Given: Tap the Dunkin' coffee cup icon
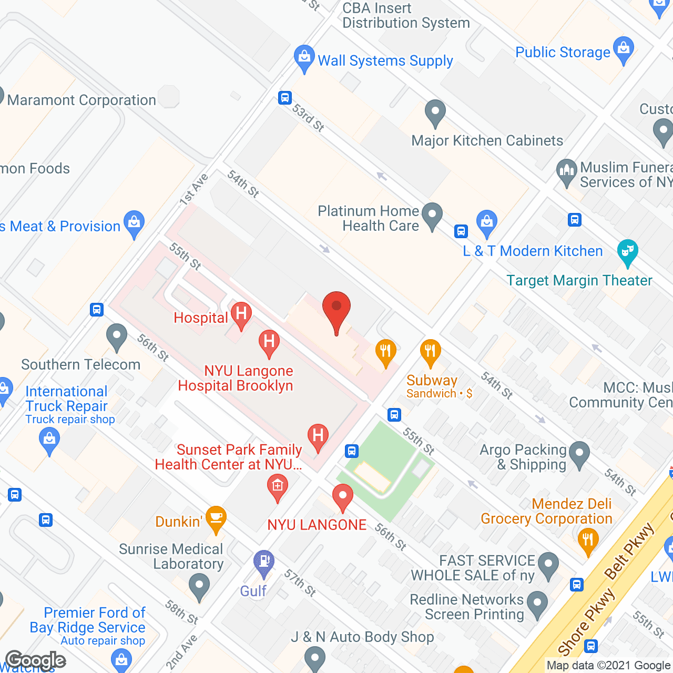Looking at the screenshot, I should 216,518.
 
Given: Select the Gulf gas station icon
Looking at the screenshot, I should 263,562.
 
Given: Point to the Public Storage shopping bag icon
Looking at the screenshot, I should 624,49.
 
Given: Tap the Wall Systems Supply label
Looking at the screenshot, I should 385,61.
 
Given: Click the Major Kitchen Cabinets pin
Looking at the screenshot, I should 435,113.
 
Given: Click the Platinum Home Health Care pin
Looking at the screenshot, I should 432,216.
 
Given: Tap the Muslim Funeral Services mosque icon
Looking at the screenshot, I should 567,171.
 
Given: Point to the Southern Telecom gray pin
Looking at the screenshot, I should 116,336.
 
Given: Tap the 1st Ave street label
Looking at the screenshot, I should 193,189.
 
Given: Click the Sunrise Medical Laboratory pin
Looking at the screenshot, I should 199,586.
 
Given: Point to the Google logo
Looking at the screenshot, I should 36,660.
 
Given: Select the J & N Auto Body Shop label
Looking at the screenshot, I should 363,637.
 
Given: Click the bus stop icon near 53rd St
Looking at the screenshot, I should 285,97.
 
